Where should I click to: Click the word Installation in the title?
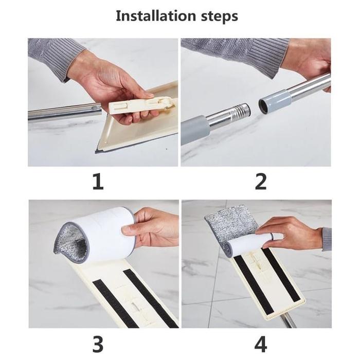tap(156, 16)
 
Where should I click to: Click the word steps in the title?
tap(220, 16)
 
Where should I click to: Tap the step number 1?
tap(98, 182)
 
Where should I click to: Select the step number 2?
tap(261, 182)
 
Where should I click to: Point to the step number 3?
tap(98, 344)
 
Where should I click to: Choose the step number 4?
tap(261, 344)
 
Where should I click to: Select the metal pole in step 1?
tap(65, 113)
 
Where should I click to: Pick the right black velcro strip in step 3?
tap(150, 297)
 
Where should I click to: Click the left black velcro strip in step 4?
tap(254, 285)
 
